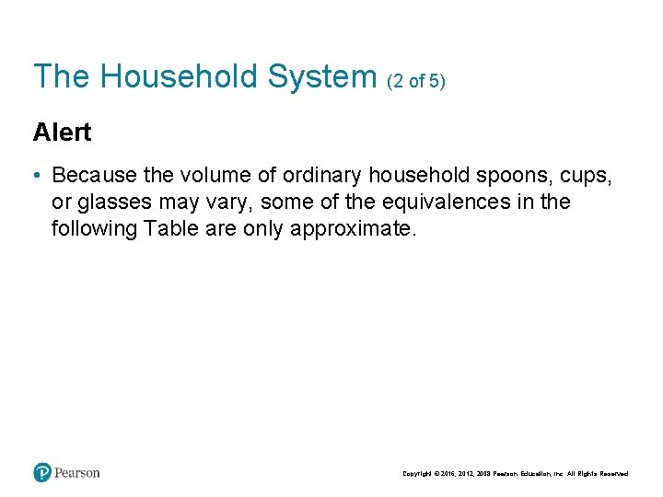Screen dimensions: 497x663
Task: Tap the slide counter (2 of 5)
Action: pyautogui.click(x=416, y=81)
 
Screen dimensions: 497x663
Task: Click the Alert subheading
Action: pyautogui.click(x=62, y=133)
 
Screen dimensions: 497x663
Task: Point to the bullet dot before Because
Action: pyautogui.click(x=37, y=175)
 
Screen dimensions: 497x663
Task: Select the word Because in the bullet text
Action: pyautogui.click(x=92, y=175)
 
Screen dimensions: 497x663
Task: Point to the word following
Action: pyautogui.click(x=95, y=228)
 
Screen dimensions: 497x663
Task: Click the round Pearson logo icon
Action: pyautogui.click(x=42, y=472)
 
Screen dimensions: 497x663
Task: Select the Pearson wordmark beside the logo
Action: pyautogui.click(x=77, y=472)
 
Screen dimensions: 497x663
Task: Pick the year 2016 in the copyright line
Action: pyautogui.click(x=449, y=474)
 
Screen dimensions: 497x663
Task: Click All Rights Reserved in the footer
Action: pyautogui.click(x=599, y=474)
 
